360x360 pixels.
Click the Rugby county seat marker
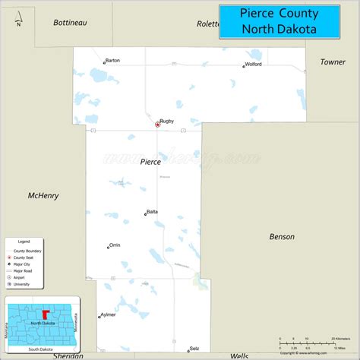click(x=157, y=124)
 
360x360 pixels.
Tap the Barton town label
click(x=113, y=61)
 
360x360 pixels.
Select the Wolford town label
click(x=254, y=65)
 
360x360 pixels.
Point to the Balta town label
click(x=152, y=212)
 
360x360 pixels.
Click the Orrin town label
click(x=115, y=245)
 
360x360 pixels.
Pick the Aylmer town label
click(x=109, y=314)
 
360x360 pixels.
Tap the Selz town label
click(x=194, y=347)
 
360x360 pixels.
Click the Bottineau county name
click(x=71, y=23)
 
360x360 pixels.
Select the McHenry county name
click(x=43, y=195)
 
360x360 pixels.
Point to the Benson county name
click(x=282, y=237)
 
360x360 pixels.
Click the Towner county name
click(x=333, y=62)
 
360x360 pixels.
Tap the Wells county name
click(x=239, y=355)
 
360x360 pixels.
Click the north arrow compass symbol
click(x=17, y=15)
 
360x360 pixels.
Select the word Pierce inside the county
click(x=150, y=162)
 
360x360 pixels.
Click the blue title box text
click(x=279, y=21)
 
